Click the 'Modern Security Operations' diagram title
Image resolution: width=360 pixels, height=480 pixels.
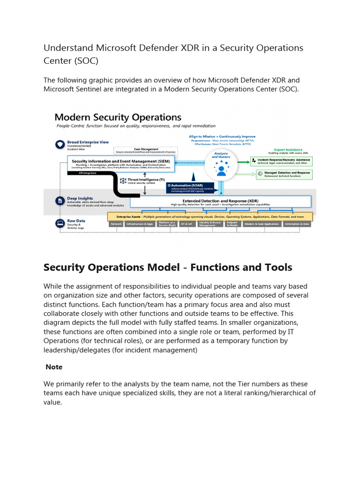tap(118, 117)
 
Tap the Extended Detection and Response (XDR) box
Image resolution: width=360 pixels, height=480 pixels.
tap(220, 202)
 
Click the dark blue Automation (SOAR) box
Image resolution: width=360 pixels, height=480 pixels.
tap(194, 187)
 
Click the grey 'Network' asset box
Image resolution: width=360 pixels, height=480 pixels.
tap(116, 224)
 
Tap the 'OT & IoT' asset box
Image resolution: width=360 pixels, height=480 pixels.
tap(186, 224)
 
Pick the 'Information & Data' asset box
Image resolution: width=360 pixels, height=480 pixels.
tap(297, 224)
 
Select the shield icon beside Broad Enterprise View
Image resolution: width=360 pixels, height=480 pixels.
tap(60, 144)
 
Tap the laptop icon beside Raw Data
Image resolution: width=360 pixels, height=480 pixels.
tap(60, 223)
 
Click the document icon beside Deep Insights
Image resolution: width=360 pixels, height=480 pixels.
tap(60, 201)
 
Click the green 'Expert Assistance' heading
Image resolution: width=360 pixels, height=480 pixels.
tap(288, 150)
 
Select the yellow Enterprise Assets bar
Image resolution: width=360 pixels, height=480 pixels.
tap(210, 217)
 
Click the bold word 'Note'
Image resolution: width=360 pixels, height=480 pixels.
tap(54, 367)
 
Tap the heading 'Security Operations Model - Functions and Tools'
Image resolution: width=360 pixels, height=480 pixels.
tap(167, 267)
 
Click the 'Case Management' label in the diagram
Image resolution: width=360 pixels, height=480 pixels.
tap(146, 150)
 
